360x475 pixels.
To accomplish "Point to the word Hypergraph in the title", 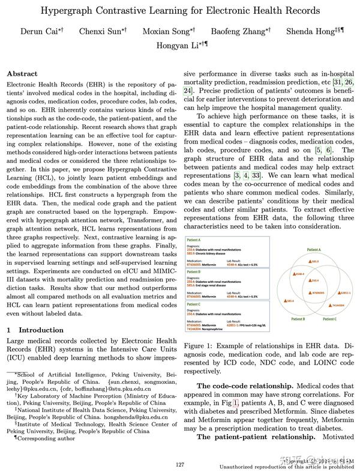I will tap(68, 11).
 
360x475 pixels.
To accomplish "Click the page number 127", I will tap(179, 464).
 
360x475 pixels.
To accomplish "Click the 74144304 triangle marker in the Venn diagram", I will tap(331, 305).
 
